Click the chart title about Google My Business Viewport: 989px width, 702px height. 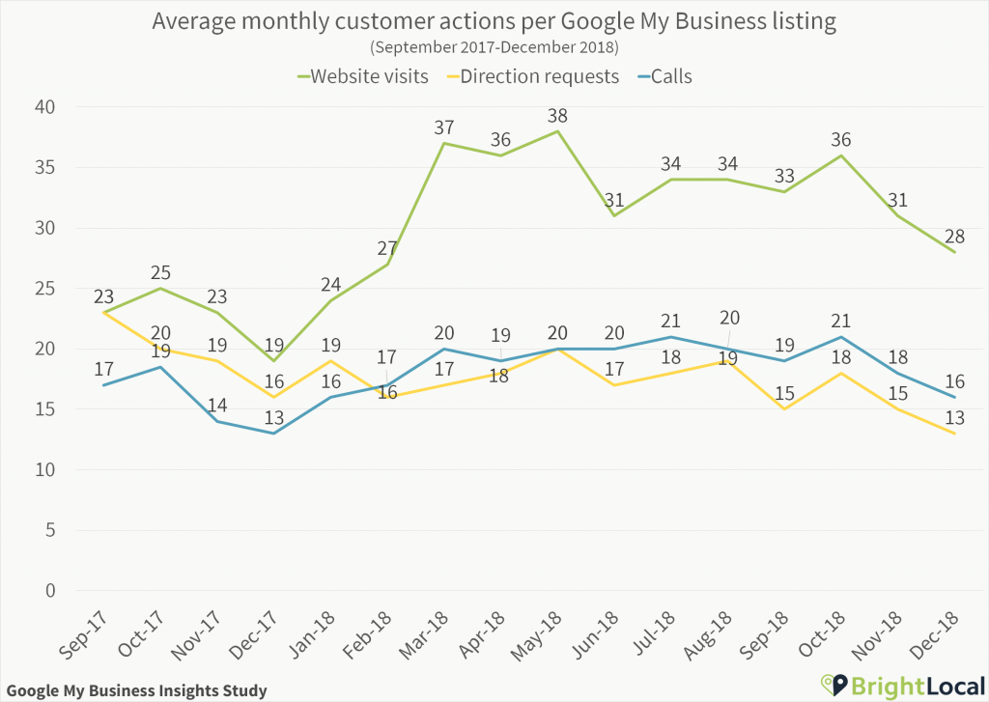[x=494, y=21]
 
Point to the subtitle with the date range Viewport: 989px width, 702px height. [x=494, y=46]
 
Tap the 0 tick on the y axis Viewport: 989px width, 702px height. [x=51, y=591]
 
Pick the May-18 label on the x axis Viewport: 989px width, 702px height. [x=540, y=633]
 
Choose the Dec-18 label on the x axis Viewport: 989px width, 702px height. [x=939, y=633]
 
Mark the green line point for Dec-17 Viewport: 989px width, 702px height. [x=273, y=361]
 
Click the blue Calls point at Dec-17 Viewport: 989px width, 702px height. [x=273, y=434]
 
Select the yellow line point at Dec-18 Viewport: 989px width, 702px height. [x=955, y=434]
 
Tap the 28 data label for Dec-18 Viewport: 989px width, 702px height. [x=955, y=236]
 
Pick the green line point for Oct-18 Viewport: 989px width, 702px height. [x=841, y=155]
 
